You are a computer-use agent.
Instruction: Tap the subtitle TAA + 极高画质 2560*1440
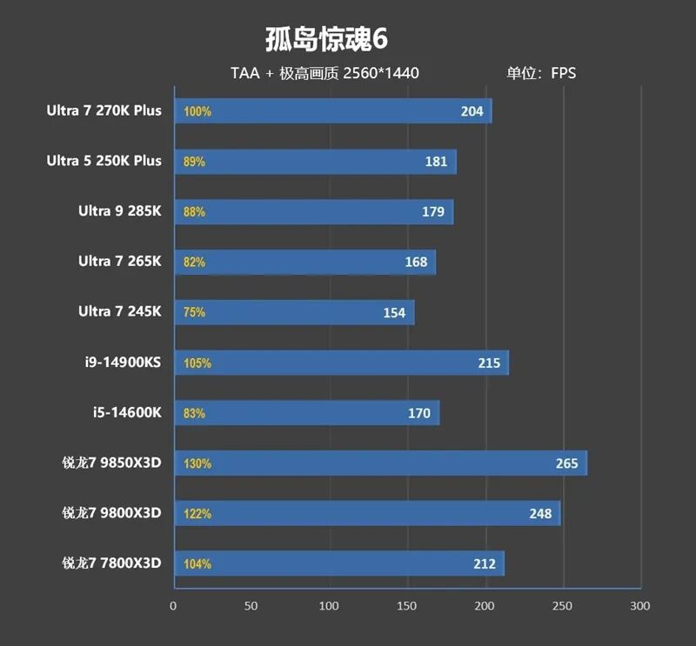[x=325, y=73]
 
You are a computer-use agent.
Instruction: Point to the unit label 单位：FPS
[x=541, y=73]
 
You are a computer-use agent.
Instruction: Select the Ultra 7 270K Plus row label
[x=104, y=110]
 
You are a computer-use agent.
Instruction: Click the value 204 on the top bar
[x=472, y=111]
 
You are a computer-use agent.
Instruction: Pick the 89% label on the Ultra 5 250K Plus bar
[x=195, y=162]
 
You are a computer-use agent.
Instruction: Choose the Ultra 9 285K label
[x=120, y=211]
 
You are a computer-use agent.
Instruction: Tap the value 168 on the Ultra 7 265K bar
[x=416, y=262]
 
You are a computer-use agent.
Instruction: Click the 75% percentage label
[x=195, y=312]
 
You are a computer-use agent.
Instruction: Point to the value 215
[x=489, y=363]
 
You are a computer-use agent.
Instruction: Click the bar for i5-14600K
[x=306, y=413]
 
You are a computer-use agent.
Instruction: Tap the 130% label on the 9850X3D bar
[x=197, y=463]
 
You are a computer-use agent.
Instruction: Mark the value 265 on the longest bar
[x=566, y=463]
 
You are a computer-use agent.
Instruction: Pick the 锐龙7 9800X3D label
[x=112, y=513]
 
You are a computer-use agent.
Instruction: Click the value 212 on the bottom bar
[x=485, y=563]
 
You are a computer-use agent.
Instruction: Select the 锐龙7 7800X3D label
[x=112, y=563]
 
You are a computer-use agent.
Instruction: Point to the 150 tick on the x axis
[x=407, y=606]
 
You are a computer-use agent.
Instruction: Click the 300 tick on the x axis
[x=640, y=606]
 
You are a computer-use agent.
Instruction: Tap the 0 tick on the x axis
[x=173, y=606]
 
